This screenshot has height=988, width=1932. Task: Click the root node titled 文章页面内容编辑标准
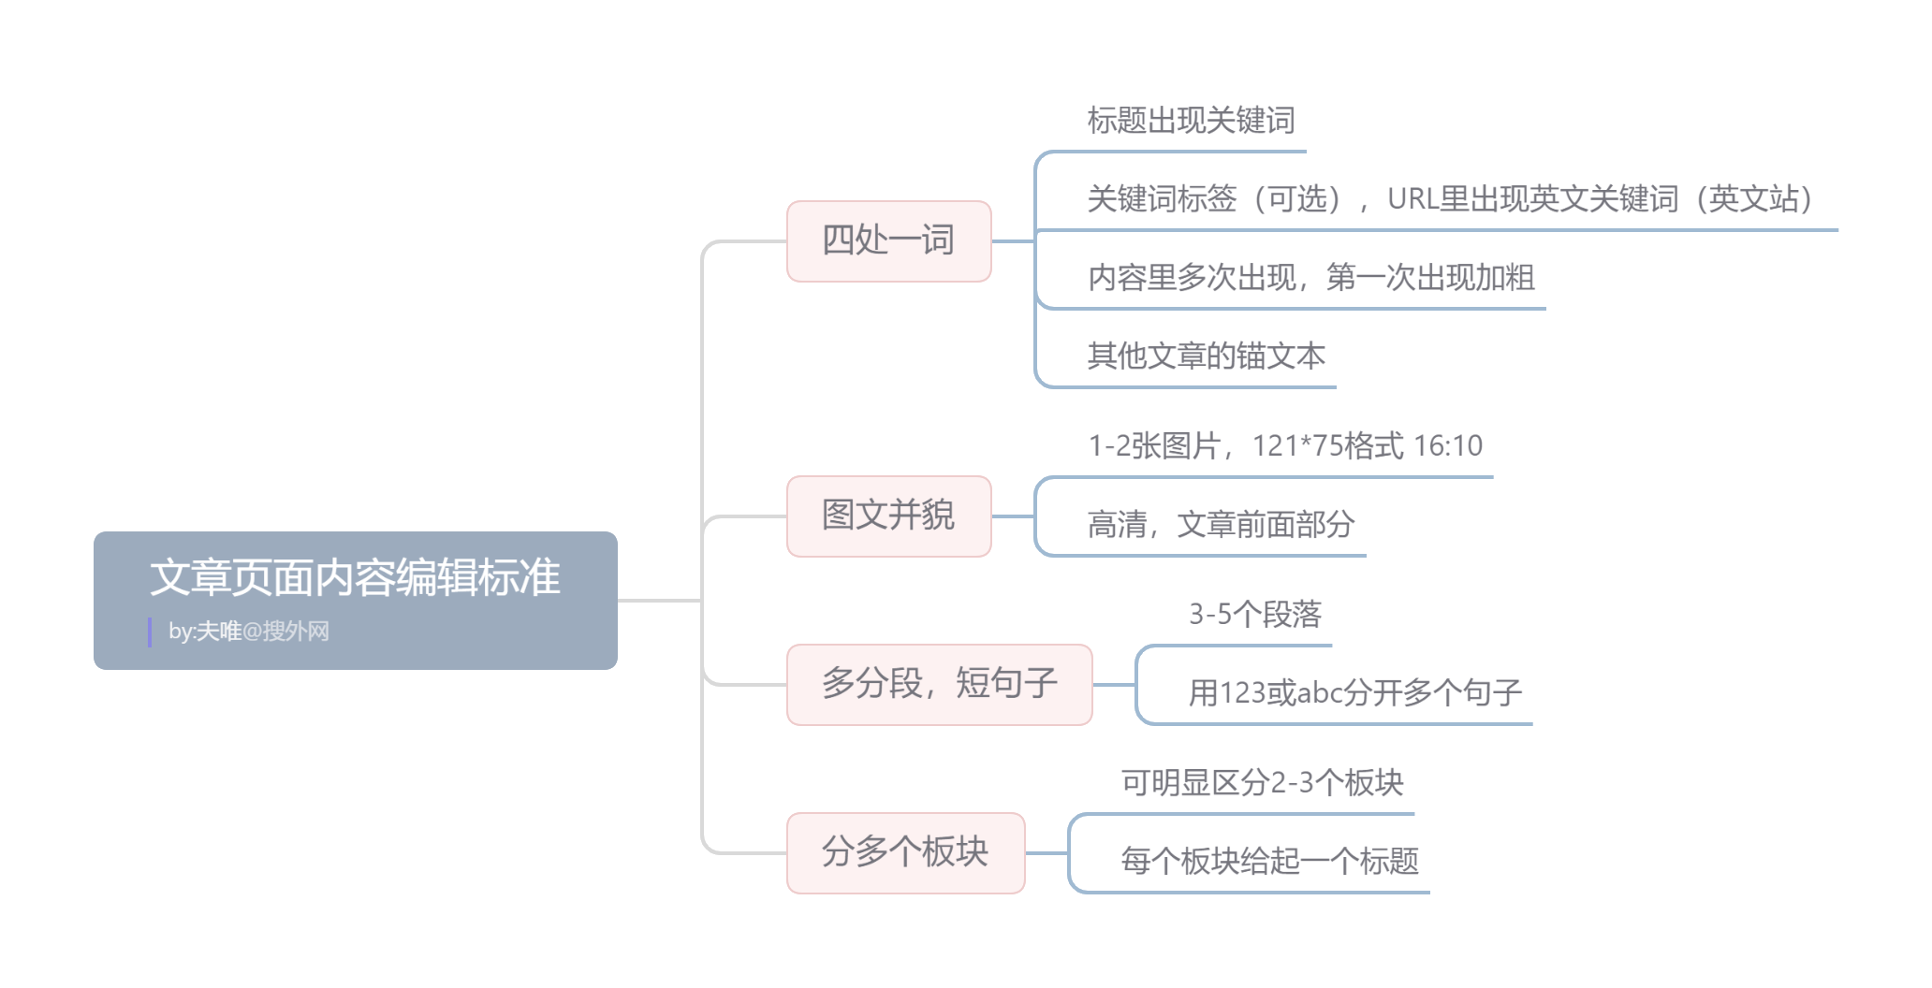click(355, 577)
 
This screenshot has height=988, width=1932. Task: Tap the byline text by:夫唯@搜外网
click(249, 632)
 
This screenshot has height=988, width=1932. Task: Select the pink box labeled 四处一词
click(888, 240)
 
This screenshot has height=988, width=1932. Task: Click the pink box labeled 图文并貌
click(888, 516)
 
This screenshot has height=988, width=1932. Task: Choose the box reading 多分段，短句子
click(939, 684)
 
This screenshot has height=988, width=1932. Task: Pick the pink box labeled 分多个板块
click(905, 852)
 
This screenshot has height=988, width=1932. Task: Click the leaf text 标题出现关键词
click(1191, 121)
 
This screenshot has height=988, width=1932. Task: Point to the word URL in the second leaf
click(1412, 199)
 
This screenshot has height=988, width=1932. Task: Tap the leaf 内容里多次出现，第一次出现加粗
click(1310, 278)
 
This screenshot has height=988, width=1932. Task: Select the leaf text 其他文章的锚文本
click(1206, 356)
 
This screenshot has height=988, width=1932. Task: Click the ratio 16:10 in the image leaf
click(1448, 446)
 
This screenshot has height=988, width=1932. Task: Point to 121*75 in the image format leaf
click(1296, 446)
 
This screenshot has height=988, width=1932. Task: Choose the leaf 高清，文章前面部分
click(1221, 525)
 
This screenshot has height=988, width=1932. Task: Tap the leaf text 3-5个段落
click(1254, 615)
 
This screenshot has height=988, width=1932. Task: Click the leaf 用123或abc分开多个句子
click(1354, 693)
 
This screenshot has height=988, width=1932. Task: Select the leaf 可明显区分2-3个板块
click(1262, 783)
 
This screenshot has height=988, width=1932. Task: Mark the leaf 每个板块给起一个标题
click(1269, 862)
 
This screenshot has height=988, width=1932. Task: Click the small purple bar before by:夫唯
click(150, 632)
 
